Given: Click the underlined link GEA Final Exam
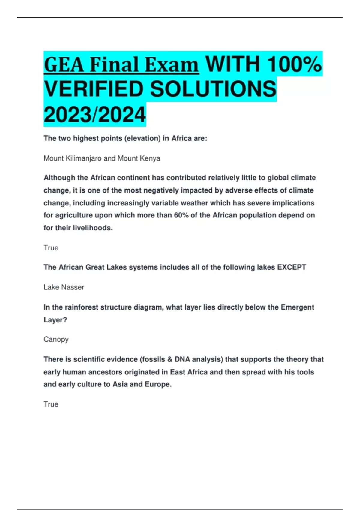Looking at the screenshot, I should [121, 65].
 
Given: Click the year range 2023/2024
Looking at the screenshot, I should [95, 115].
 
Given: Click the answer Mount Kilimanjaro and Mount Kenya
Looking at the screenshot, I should [102, 158].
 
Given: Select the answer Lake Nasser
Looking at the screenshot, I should [64, 287].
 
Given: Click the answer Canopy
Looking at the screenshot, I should [56, 339].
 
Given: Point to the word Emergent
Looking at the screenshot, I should [297, 307].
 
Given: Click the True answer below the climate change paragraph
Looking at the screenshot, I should [51, 248].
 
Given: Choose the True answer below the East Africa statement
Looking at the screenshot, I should [51, 404].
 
